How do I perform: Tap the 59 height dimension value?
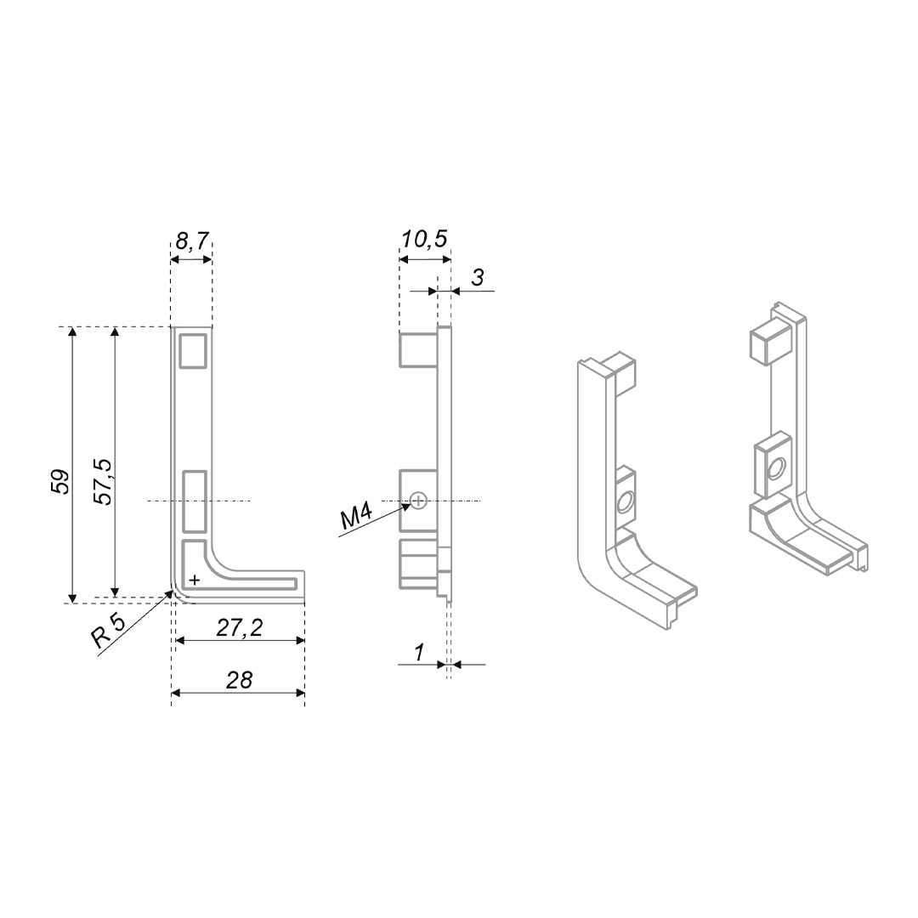tap(61, 481)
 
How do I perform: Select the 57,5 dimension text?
tap(104, 481)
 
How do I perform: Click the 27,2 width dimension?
tap(240, 629)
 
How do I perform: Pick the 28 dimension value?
tap(240, 680)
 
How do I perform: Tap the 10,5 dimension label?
tap(424, 239)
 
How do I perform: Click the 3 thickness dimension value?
tap(478, 277)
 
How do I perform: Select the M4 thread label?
tap(356, 518)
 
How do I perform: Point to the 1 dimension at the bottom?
tap(419, 652)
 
